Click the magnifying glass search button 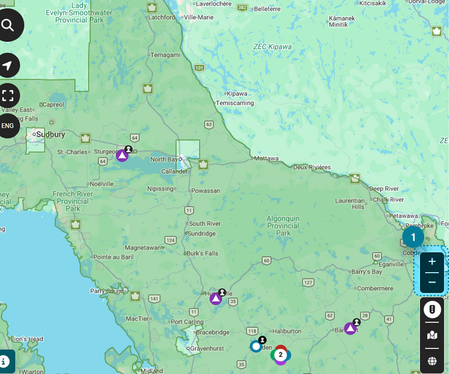[x=8, y=25]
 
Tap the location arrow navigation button [x=8, y=65]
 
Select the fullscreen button [x=8, y=95]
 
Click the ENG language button [x=8, y=125]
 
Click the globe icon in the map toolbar [x=432, y=361]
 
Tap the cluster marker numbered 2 [x=280, y=355]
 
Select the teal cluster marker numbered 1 [x=413, y=237]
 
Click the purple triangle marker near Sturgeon [x=122, y=155]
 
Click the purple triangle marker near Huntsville [x=216, y=299]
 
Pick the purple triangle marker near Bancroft [x=350, y=328]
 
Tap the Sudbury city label [x=50, y=134]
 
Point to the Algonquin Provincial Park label [x=283, y=226]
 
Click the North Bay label [x=164, y=159]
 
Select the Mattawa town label [x=266, y=158]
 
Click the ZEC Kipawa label [x=272, y=47]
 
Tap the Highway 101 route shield [x=199, y=68]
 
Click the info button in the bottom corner [x=4, y=361]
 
